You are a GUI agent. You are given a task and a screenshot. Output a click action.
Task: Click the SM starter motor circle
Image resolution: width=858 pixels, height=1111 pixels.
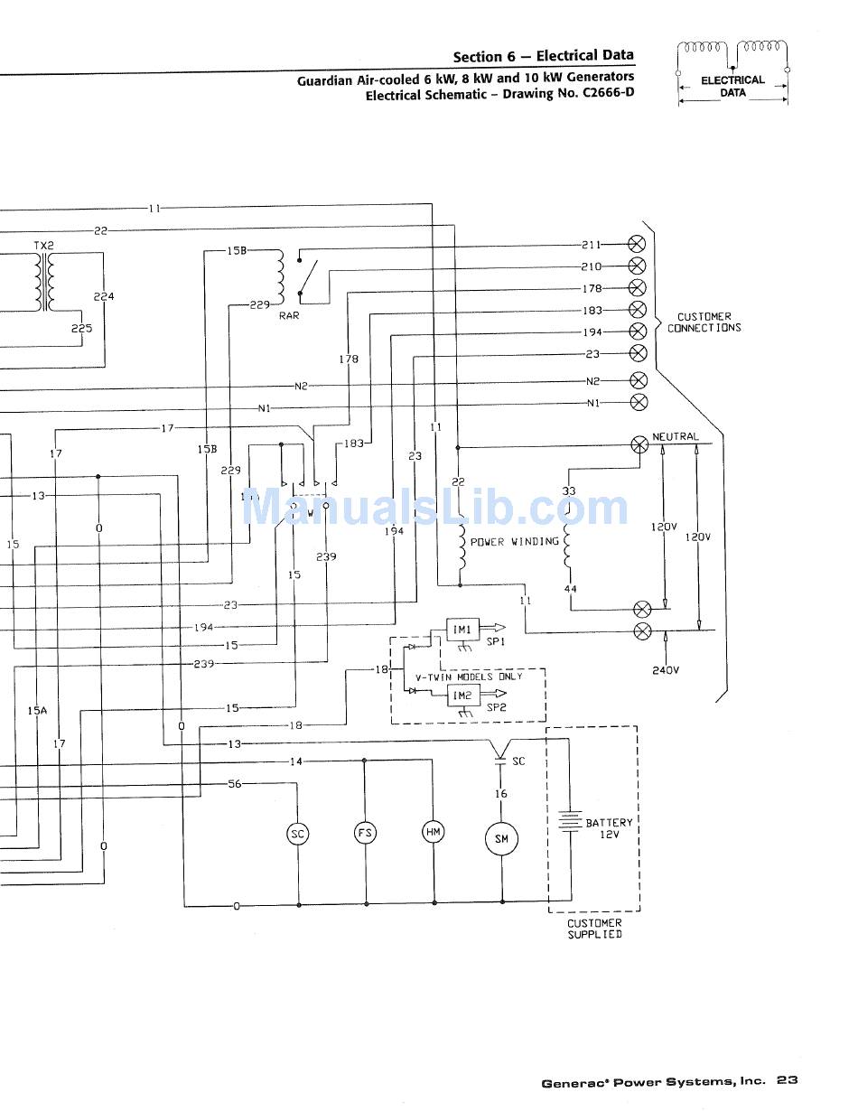click(x=501, y=839)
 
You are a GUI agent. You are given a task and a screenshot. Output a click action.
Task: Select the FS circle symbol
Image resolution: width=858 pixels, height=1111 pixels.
click(x=365, y=833)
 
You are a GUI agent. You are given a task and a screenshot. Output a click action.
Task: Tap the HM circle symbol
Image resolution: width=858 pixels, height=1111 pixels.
click(x=434, y=832)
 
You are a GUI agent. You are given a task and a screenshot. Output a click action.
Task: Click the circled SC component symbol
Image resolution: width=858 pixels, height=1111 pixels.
click(x=297, y=834)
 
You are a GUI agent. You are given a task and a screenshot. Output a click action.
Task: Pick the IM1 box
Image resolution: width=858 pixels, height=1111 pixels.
click(x=462, y=630)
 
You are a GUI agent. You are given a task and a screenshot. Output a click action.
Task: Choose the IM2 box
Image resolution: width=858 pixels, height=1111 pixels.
click(x=462, y=695)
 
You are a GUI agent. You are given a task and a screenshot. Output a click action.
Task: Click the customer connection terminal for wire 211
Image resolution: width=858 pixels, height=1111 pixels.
click(x=637, y=244)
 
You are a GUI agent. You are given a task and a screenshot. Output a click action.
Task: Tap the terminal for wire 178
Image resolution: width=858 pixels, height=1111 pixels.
click(x=637, y=288)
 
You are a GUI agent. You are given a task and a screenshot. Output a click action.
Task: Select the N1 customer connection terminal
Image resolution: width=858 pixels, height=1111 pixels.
click(x=637, y=402)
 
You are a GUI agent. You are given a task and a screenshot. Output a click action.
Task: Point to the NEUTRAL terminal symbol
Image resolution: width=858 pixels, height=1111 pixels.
click(x=640, y=444)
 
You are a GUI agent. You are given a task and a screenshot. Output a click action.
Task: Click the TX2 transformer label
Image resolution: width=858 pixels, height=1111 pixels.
click(x=44, y=246)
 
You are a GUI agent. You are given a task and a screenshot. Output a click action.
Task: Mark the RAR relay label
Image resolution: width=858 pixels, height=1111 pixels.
click(x=289, y=316)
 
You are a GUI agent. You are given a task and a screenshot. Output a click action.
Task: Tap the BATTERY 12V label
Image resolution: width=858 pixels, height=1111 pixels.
click(x=610, y=828)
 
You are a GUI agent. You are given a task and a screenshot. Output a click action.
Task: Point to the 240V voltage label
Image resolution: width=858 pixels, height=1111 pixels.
click(x=666, y=670)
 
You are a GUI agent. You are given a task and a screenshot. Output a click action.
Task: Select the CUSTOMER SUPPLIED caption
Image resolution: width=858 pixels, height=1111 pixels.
click(x=594, y=929)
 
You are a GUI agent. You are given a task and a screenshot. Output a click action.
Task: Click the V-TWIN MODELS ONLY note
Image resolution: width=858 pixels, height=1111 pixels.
click(x=468, y=677)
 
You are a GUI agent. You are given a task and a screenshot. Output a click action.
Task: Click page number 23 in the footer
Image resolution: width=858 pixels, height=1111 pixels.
click(x=787, y=1080)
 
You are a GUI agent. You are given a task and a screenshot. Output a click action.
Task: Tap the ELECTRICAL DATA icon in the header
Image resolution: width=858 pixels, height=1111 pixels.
click(x=732, y=74)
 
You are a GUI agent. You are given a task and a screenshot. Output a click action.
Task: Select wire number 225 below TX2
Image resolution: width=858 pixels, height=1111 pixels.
click(x=81, y=329)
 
